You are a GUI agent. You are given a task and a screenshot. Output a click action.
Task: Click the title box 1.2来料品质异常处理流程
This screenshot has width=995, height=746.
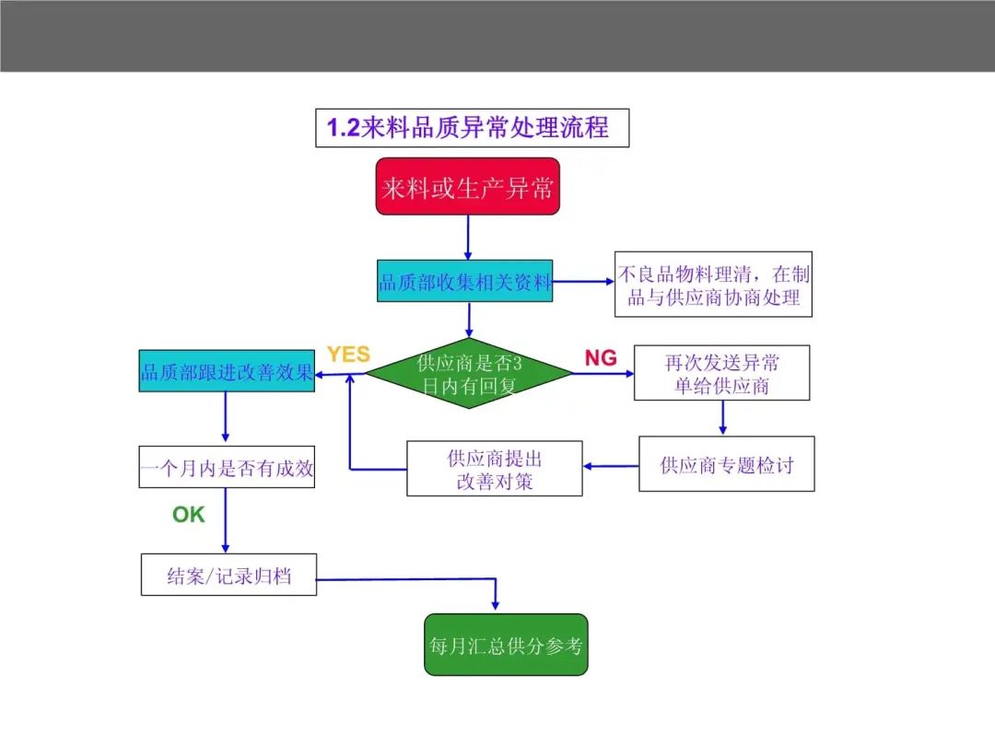(x=472, y=127)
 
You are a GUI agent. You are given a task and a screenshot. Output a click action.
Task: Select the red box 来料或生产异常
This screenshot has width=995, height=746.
(x=468, y=186)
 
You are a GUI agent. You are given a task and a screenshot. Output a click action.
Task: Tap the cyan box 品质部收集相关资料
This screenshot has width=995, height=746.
(x=464, y=280)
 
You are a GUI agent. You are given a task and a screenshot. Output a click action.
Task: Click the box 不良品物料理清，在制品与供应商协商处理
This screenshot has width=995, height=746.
(x=713, y=285)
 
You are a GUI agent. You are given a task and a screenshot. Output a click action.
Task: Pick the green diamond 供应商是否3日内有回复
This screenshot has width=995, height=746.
(x=469, y=374)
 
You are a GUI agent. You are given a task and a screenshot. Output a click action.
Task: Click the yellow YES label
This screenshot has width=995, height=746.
(x=348, y=354)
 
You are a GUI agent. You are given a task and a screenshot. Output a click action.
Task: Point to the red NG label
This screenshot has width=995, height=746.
(x=601, y=357)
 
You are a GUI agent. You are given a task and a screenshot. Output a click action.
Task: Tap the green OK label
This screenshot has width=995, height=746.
(x=189, y=515)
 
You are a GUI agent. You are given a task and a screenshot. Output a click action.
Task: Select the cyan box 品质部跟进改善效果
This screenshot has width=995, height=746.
(x=227, y=370)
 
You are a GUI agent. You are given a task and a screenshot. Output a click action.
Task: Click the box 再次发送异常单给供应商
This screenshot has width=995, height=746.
(x=721, y=373)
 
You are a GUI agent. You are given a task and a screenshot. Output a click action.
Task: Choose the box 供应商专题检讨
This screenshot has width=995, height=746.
(x=727, y=463)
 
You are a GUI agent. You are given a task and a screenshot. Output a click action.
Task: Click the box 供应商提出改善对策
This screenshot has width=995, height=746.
(x=495, y=468)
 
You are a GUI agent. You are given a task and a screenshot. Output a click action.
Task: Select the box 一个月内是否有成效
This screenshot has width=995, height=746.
(x=227, y=467)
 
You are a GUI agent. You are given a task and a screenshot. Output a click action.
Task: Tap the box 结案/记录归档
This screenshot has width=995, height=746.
(x=228, y=575)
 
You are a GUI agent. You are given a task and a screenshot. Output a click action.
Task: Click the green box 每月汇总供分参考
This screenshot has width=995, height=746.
(x=506, y=645)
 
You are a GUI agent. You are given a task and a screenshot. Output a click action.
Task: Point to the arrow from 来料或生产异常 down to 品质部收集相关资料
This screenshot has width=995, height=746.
(x=468, y=238)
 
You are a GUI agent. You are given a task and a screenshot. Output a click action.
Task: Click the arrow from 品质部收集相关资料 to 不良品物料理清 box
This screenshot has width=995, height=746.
(x=583, y=281)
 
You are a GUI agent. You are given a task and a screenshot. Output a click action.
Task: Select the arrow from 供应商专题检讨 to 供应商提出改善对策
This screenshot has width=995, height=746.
(x=611, y=466)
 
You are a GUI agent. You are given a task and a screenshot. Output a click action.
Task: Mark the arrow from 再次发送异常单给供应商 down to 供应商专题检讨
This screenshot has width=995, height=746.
(x=723, y=418)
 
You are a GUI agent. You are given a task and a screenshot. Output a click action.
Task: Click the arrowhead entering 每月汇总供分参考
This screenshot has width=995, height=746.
(x=495, y=605)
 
